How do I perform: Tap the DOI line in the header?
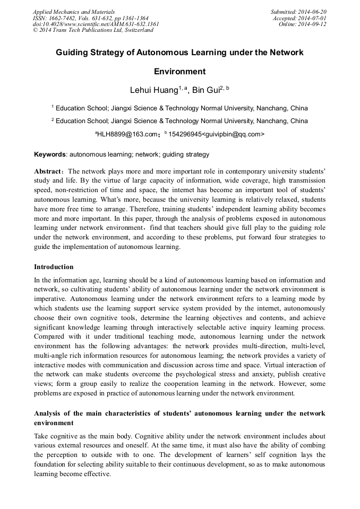pos(96,24)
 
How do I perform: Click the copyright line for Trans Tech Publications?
pos(93,30)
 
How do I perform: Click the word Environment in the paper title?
pos(179,71)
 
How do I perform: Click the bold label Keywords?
pos(50,155)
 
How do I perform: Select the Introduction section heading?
pos(54,266)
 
